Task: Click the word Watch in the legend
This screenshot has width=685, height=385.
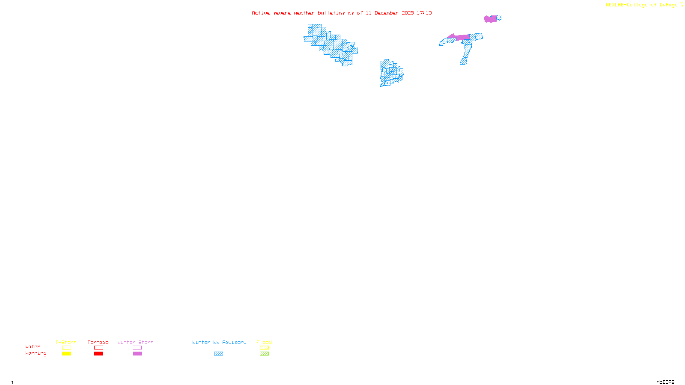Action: click(x=33, y=346)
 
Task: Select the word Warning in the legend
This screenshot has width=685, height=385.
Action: click(x=36, y=353)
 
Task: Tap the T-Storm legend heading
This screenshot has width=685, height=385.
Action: click(x=66, y=342)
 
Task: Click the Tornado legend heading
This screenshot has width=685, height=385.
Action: click(x=98, y=342)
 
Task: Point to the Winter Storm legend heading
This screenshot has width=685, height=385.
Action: click(x=135, y=342)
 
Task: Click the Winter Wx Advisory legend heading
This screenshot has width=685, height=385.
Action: click(x=219, y=342)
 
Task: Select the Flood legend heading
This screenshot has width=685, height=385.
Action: click(x=264, y=342)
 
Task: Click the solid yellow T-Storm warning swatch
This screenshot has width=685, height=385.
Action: click(x=66, y=354)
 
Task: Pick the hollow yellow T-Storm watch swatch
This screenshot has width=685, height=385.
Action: click(x=66, y=348)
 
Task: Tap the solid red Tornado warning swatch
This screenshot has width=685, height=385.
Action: click(x=99, y=354)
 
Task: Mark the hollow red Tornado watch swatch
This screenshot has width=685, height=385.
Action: click(x=99, y=348)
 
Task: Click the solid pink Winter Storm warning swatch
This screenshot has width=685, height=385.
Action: click(x=137, y=354)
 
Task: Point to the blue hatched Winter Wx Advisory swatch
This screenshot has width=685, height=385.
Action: click(x=218, y=354)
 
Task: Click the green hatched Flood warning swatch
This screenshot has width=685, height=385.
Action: click(x=265, y=354)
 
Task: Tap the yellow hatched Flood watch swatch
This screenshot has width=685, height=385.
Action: click(x=265, y=348)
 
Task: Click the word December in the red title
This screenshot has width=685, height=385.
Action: click(x=387, y=13)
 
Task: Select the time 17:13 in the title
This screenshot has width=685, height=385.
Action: click(x=424, y=13)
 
